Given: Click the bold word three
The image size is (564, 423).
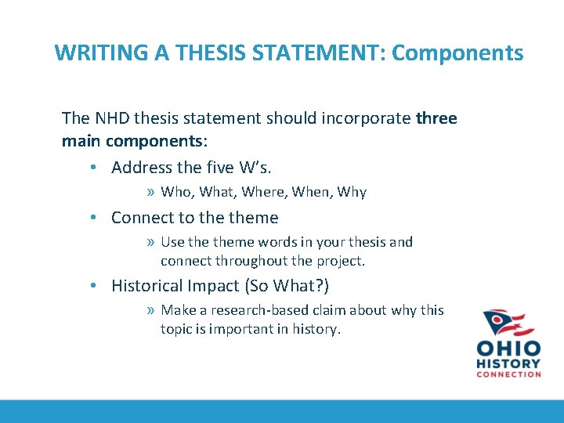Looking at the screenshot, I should point(436,118).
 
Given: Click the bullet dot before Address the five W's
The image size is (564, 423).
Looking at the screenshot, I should point(93,168).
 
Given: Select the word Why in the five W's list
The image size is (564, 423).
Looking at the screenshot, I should point(351,192).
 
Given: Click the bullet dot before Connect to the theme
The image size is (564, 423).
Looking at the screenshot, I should point(93,218).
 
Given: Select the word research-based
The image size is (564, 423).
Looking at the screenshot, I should point(251,310).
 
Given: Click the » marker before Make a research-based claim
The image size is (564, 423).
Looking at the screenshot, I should point(150,310).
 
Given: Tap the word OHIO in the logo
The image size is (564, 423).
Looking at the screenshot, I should point(508,348).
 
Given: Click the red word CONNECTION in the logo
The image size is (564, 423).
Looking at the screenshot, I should point(508,374).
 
